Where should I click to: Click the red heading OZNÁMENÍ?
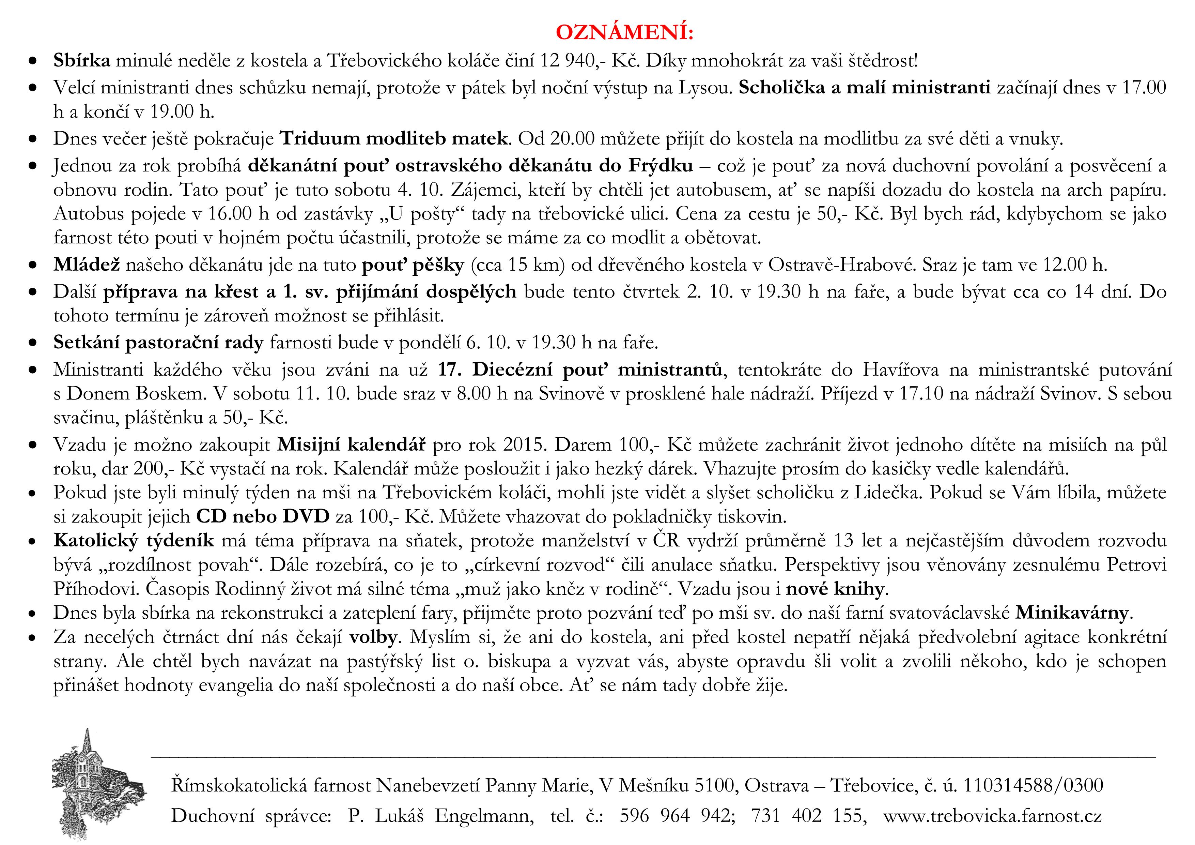[x=624, y=32]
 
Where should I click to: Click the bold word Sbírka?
[x=82, y=61]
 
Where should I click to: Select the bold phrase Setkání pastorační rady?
[x=158, y=343]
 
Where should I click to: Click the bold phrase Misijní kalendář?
[x=351, y=444]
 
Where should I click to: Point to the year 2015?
[x=525, y=444]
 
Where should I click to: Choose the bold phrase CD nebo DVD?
[x=263, y=516]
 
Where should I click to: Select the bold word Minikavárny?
[x=1071, y=613]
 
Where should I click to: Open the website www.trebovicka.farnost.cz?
[x=992, y=815]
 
